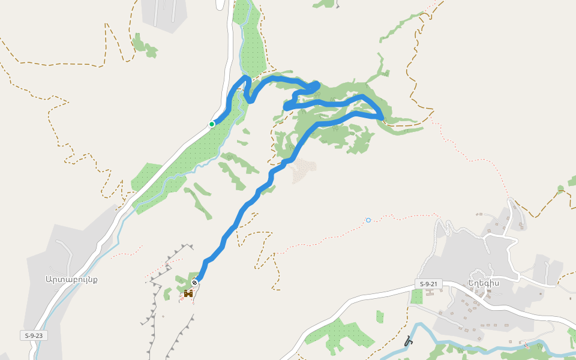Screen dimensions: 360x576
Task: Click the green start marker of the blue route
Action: [x=212, y=124]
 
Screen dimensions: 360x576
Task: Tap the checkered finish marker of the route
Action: [x=195, y=283]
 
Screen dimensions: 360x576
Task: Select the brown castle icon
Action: [x=188, y=293]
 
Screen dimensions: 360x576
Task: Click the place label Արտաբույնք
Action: [x=71, y=279]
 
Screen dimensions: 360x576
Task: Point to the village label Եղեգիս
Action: [x=484, y=283]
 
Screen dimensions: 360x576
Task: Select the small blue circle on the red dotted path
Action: [x=368, y=220]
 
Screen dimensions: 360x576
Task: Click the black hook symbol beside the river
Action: [x=409, y=341]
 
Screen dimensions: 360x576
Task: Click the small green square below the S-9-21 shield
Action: [x=416, y=296]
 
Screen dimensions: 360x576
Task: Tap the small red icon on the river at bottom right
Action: [x=527, y=346]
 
